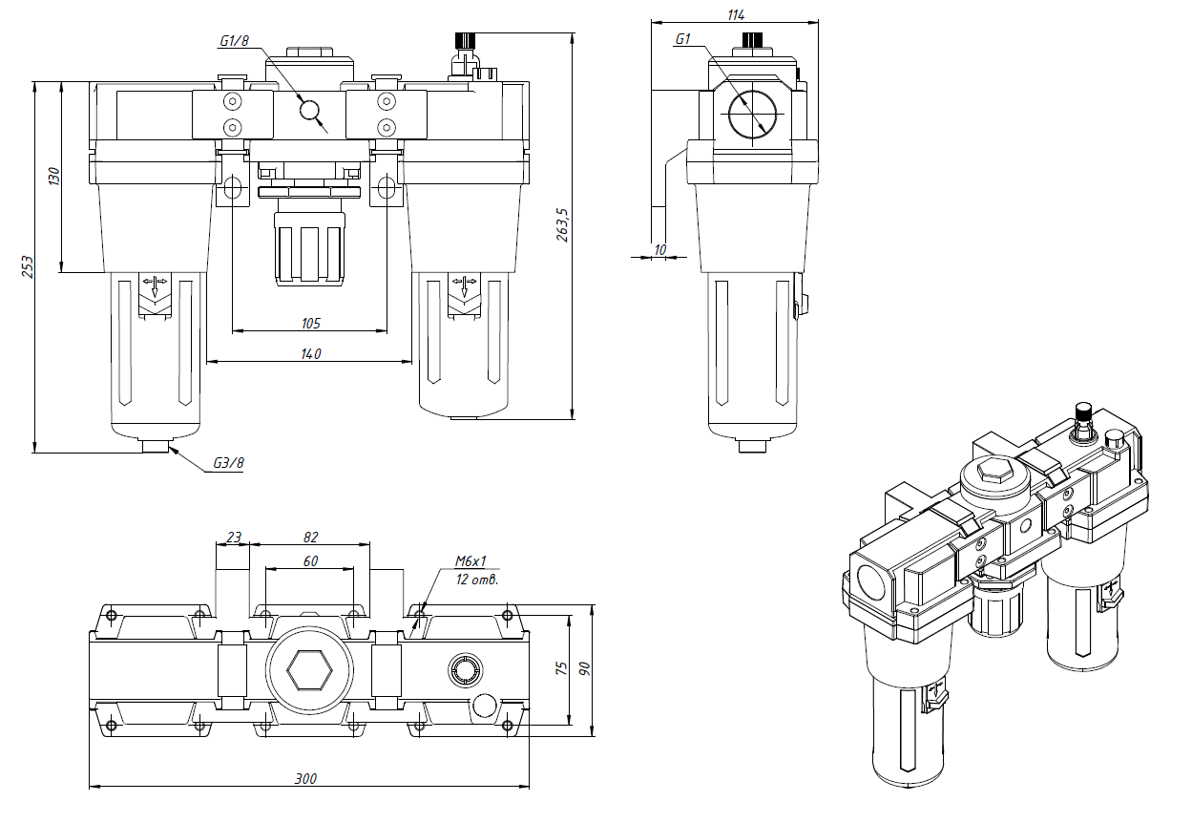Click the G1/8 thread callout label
tap(234, 41)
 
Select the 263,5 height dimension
tap(562, 224)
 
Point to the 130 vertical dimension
tap(54, 177)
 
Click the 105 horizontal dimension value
tap(310, 323)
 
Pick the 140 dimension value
tap(310, 353)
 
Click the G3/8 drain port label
tap(228, 464)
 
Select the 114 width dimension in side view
tap(735, 14)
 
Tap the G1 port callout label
tap(682, 39)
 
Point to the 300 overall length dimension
tap(305, 779)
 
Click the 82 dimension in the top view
tap(310, 537)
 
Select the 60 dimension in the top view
tap(310, 561)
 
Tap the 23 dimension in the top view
tap(233, 537)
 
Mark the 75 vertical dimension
tap(561, 668)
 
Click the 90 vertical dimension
tap(583, 668)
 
